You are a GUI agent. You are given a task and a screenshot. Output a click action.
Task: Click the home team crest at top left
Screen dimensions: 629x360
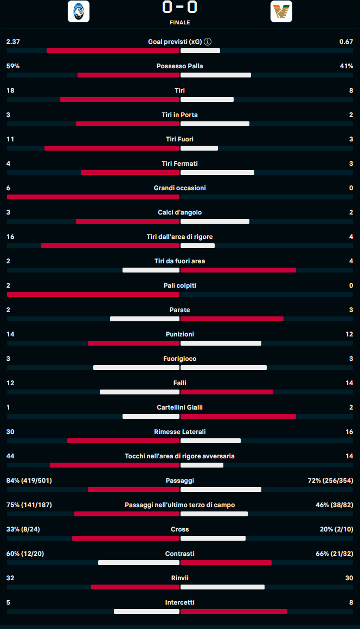point(79,11)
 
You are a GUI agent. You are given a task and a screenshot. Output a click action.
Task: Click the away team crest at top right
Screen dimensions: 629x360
point(281,11)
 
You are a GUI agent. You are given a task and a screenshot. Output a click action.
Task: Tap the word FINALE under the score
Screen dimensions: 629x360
point(180,23)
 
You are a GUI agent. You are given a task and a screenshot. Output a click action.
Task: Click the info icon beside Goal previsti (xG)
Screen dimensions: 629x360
point(208,42)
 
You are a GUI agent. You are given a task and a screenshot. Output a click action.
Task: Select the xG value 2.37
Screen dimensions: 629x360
point(13,42)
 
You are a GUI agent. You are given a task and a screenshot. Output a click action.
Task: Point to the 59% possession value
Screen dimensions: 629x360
point(13,66)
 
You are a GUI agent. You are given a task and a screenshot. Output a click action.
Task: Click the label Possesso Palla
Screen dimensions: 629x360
point(180,66)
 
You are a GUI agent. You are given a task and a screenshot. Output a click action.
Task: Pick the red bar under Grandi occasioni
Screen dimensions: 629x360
point(93,197)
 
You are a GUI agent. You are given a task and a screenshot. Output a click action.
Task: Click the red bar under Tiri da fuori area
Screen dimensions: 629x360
point(238,270)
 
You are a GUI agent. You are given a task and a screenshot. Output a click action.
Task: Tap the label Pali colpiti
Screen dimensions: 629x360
point(180,286)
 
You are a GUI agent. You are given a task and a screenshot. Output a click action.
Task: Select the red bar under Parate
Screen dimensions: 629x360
point(232,319)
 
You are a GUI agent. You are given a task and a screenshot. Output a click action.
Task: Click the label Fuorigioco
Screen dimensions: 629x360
point(180,359)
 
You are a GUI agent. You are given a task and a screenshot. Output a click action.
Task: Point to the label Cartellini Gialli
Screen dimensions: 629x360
point(180,407)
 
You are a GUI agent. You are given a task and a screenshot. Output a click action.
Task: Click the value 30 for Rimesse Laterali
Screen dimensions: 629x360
point(10,432)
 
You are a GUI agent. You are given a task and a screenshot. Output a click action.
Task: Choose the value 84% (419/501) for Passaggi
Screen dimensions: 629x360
point(29,481)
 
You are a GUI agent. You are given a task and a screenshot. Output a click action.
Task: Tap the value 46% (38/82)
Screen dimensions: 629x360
point(335,505)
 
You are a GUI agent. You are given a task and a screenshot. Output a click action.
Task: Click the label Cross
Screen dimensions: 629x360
point(180,529)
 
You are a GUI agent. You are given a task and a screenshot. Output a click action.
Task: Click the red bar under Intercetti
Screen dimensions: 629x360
point(234,612)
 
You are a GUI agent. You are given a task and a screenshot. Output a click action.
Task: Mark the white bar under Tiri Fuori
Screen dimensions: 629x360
point(199,148)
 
